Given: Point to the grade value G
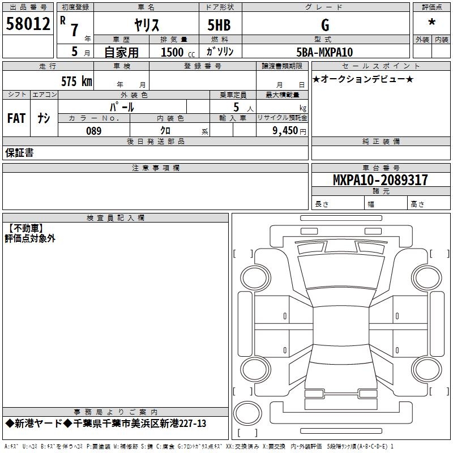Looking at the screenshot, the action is click(324, 25).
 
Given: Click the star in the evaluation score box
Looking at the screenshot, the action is click(432, 23).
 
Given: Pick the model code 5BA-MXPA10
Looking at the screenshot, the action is click(324, 52).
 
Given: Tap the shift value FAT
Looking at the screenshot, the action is click(16, 118).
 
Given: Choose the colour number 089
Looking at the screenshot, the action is click(93, 131).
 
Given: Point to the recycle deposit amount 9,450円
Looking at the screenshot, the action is click(288, 131).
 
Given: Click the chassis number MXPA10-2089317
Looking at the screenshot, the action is click(380, 180).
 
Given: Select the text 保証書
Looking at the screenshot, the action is click(19, 153).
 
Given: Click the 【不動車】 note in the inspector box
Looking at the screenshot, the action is click(26, 228).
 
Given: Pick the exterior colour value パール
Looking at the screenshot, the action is click(121, 106).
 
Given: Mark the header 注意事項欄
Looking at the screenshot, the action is click(155, 168).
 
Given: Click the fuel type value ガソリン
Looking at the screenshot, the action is click(220, 52).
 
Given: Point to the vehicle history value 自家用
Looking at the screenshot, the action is click(121, 52).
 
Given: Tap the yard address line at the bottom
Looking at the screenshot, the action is click(106, 424).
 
